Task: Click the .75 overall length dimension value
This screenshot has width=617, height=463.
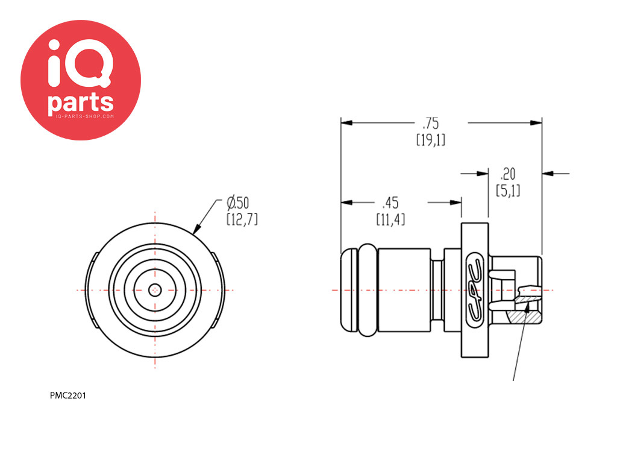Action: [x=431, y=124]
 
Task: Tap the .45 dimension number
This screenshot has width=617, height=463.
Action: [x=390, y=203]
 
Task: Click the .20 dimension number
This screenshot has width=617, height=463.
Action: [x=507, y=174]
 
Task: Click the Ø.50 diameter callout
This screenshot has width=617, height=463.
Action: [x=238, y=203]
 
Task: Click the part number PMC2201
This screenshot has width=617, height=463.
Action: [x=67, y=395]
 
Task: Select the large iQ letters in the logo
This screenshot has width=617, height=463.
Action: [x=80, y=63]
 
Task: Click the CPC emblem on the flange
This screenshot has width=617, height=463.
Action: [x=475, y=290]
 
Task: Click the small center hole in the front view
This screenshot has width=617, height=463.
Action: [x=155, y=291]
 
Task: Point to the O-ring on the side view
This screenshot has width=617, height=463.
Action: [x=368, y=290]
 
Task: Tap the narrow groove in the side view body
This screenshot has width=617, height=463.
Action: [x=437, y=290]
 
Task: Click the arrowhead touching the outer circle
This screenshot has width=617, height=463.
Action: [x=197, y=228]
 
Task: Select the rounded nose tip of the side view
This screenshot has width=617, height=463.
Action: [x=349, y=290]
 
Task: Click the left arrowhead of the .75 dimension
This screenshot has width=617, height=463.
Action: [x=346, y=123]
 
